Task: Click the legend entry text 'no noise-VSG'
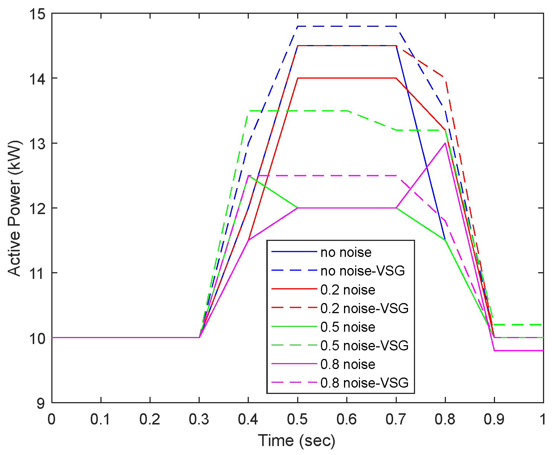pos(362,271)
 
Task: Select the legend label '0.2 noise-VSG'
pos(364,308)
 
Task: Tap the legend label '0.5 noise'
pos(347,327)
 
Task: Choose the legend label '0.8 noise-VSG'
pos(364,383)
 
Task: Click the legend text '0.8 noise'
pos(347,364)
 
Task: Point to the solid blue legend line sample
pos(294,252)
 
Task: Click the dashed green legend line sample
pos(294,345)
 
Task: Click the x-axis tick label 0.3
pos(199,419)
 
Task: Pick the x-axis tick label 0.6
pos(347,419)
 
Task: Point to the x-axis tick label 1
pos(543,419)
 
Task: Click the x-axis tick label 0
pos(52,419)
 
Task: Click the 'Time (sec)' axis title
pos(297,441)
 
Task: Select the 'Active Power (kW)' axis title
pos(15,208)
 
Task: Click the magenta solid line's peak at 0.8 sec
pos(445,143)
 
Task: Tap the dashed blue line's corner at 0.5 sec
pos(298,26)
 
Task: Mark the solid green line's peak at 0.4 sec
pos(248,176)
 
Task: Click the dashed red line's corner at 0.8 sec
pos(445,78)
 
